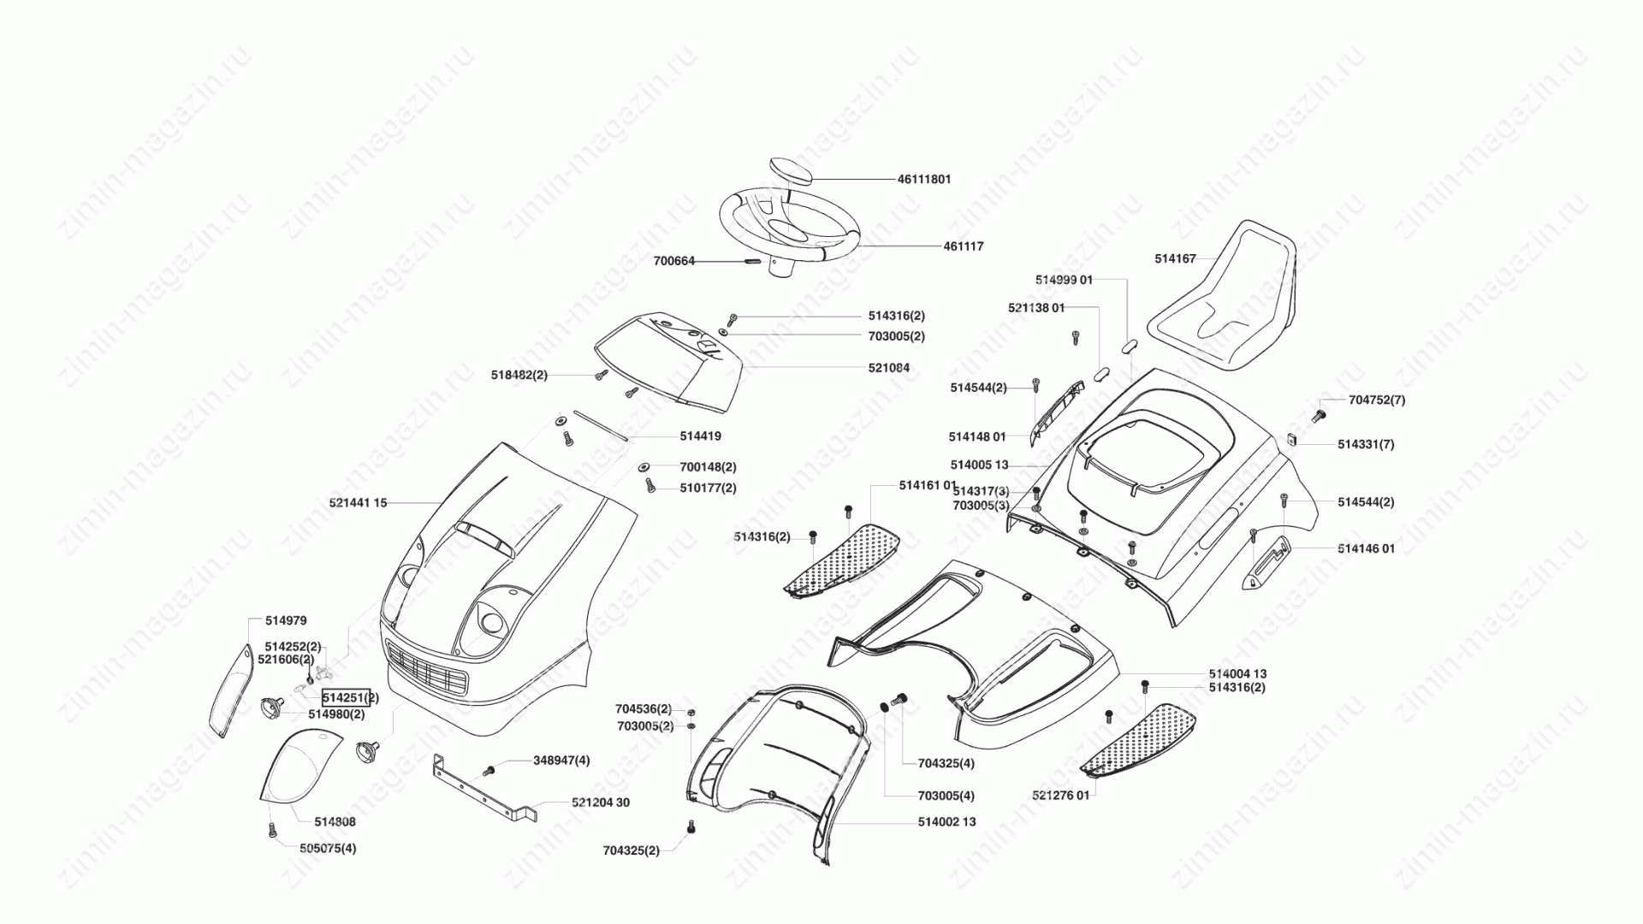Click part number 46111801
[x=924, y=180]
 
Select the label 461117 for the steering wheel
[x=964, y=246]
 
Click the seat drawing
[x=1221, y=295]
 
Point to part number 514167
[x=1175, y=259]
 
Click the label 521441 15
[x=358, y=503]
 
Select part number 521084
[x=889, y=368]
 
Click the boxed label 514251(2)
[x=349, y=697]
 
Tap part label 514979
[x=286, y=621]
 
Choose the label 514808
[x=335, y=822]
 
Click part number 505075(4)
[x=328, y=849]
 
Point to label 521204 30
[x=601, y=803]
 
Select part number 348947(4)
[x=561, y=761]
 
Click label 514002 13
[x=946, y=822]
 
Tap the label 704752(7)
[x=1377, y=400]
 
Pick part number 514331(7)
[x=1366, y=445]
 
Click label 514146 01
[x=1367, y=548]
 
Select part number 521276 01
[x=1061, y=796]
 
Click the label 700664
[x=674, y=261]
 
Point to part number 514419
[x=701, y=436]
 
